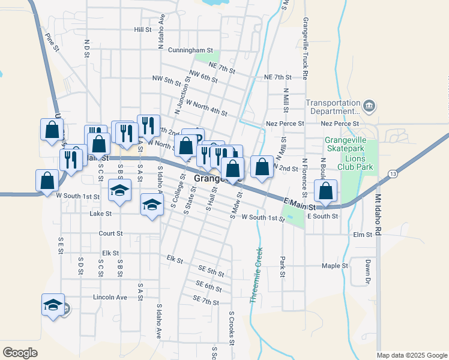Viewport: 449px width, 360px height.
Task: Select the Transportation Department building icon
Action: point(369,107)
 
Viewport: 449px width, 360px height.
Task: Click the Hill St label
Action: point(143,29)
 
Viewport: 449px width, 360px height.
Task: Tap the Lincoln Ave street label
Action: point(110,297)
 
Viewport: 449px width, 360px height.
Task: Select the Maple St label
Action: point(335,266)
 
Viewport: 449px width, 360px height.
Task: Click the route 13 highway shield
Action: point(393,174)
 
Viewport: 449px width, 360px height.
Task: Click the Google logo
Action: point(20,353)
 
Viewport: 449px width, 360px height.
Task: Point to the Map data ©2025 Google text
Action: point(411,355)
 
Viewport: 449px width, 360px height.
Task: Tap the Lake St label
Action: point(100,214)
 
